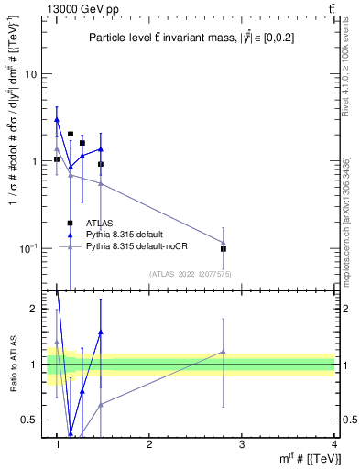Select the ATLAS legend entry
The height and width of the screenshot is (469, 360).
[x=99, y=223]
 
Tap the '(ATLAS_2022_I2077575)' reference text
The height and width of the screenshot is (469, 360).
[x=191, y=273]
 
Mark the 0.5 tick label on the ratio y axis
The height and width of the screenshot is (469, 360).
[x=33, y=420]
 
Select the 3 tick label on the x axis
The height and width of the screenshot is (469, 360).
[x=242, y=443]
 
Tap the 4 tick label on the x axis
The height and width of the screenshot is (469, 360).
[x=334, y=443]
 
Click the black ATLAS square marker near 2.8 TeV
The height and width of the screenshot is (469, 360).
[x=224, y=248]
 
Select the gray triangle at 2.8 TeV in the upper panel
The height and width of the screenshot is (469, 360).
[x=224, y=243]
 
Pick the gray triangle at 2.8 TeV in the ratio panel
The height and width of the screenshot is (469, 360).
[x=224, y=352]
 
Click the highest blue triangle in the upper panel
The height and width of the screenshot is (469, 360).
[x=57, y=119]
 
